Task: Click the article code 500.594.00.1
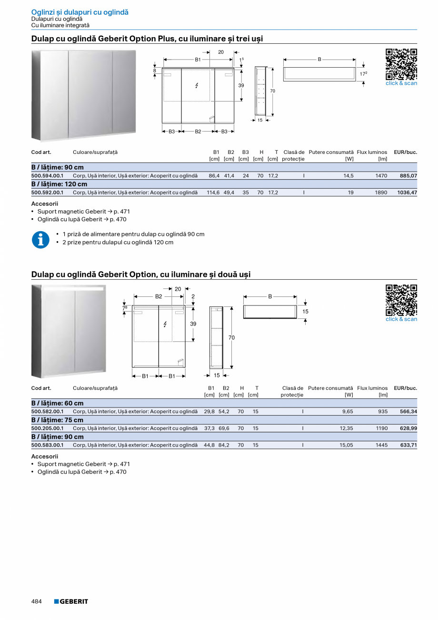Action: [47, 176]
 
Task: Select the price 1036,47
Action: [407, 193]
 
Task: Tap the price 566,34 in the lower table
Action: [408, 411]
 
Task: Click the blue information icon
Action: [40, 240]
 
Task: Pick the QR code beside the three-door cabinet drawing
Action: [401, 64]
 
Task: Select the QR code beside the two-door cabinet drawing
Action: [401, 300]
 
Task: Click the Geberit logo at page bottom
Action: [71, 601]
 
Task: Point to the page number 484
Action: [37, 601]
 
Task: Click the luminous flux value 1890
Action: [381, 193]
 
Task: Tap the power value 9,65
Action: [348, 411]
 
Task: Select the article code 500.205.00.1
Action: [47, 428]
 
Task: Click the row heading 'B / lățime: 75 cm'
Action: [57, 420]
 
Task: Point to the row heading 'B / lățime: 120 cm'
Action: [59, 184]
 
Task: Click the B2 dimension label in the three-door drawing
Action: [198, 132]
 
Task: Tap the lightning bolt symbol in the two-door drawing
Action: [165, 324]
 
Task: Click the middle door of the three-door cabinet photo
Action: [90, 94]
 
